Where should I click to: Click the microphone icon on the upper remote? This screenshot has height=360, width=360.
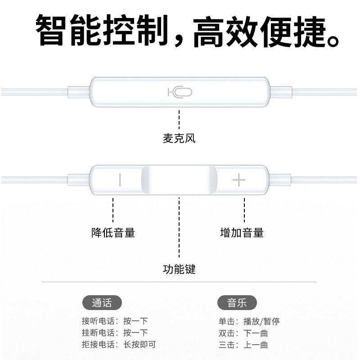(180, 92)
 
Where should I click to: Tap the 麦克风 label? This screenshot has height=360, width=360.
(179, 138)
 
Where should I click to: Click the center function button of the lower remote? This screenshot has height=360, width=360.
(179, 180)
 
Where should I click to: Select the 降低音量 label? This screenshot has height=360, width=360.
(113, 233)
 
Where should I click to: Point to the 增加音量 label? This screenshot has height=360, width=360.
(242, 233)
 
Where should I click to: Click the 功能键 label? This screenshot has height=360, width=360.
(179, 270)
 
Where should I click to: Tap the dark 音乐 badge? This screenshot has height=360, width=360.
(237, 303)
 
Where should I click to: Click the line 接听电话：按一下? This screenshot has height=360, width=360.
(115, 321)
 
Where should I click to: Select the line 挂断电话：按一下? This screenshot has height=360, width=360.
(115, 333)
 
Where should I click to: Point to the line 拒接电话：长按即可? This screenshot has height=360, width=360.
(119, 345)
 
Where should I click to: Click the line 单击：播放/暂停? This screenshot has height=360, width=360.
(249, 321)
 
